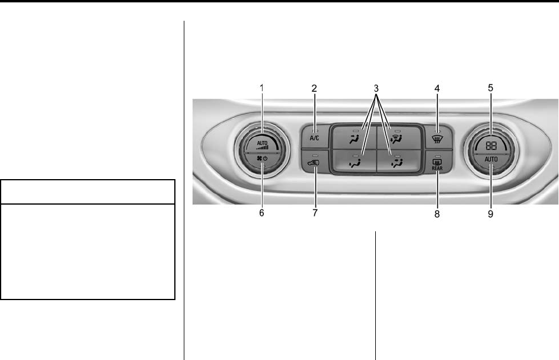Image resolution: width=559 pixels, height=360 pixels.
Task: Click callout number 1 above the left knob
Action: point(261,88)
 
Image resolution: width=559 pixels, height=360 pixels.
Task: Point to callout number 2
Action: point(314,88)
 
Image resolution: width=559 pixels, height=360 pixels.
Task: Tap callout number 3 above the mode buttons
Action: point(376,88)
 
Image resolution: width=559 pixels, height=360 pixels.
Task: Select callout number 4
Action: point(437,88)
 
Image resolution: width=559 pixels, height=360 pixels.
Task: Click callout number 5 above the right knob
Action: point(491,88)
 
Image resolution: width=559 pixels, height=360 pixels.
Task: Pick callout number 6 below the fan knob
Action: point(261,213)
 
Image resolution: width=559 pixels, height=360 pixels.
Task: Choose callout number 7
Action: point(315,213)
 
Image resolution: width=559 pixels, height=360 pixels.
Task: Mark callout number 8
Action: point(437,214)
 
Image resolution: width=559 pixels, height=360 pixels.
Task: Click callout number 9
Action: point(491,214)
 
